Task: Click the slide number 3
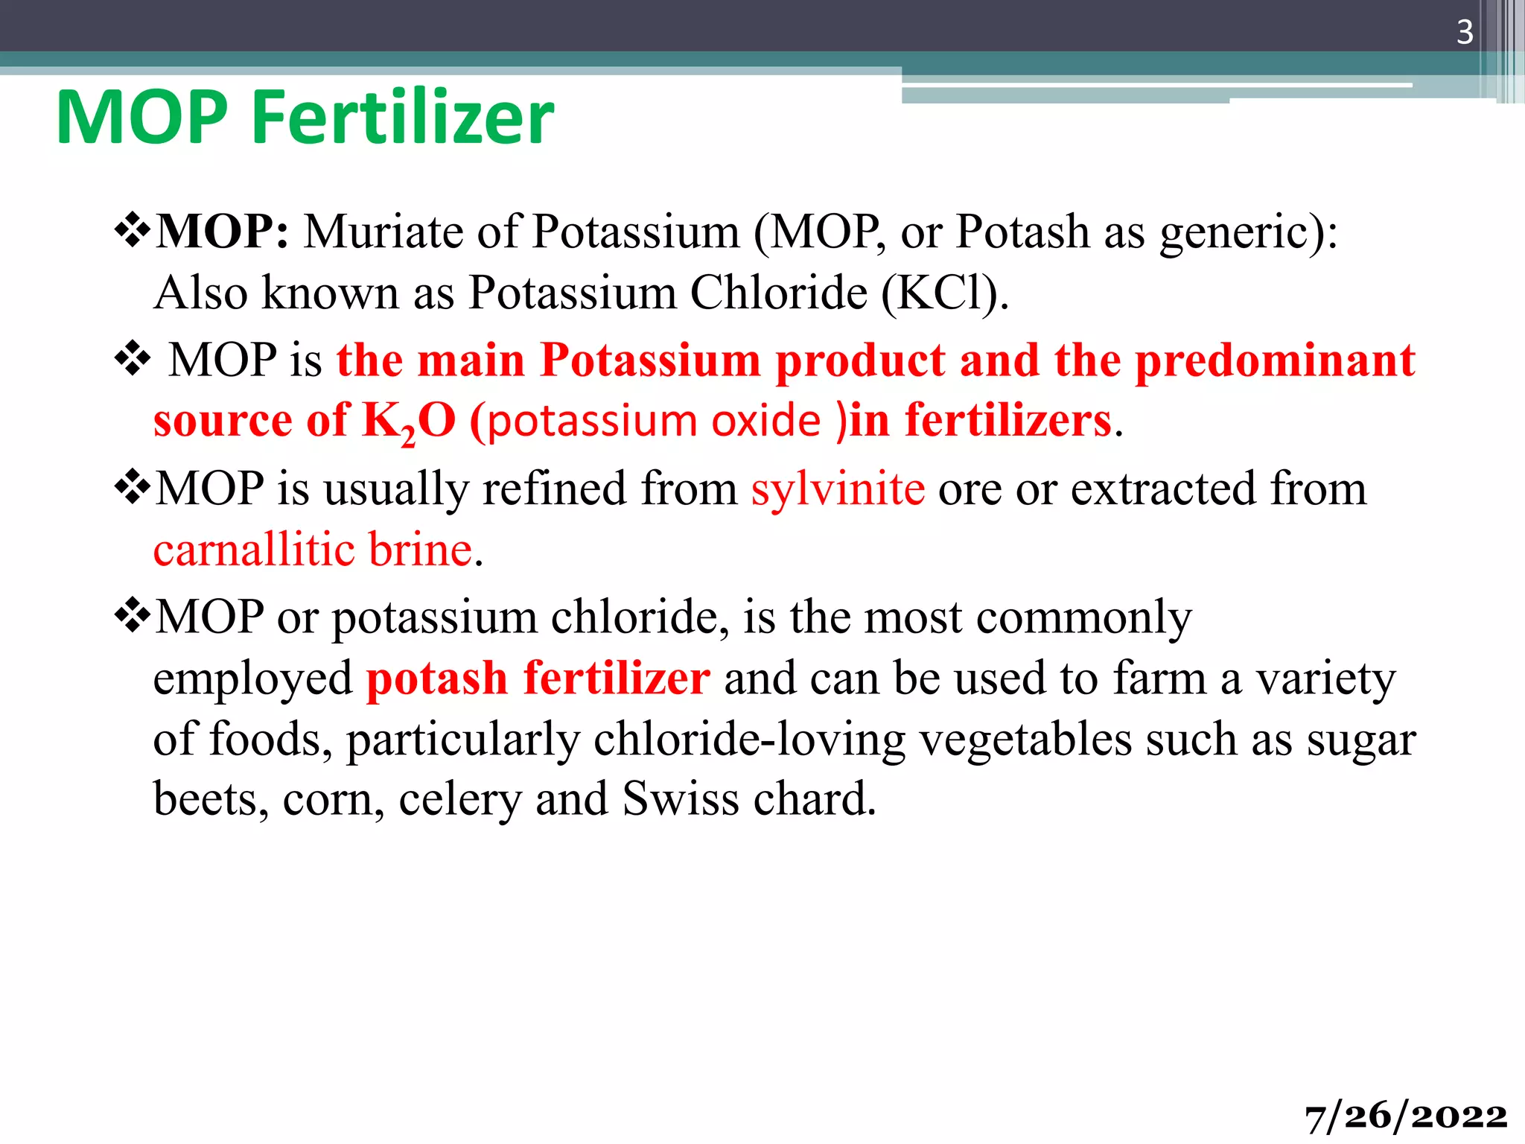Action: click(1464, 32)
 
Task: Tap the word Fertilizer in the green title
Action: click(403, 118)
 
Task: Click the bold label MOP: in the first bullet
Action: click(223, 232)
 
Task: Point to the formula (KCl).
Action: click(944, 293)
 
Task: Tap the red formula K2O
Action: click(408, 422)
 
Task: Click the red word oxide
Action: click(766, 422)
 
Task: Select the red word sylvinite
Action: click(838, 489)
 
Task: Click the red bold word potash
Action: click(436, 679)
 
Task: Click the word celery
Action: click(460, 800)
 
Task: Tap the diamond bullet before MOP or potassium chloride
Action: click(133, 615)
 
